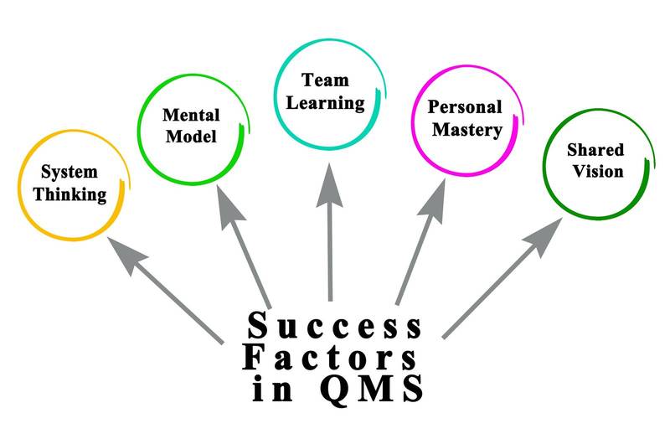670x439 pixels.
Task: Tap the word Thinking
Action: pos(75,196)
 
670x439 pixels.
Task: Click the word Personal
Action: pos(465,107)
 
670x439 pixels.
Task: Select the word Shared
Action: pos(595,150)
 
